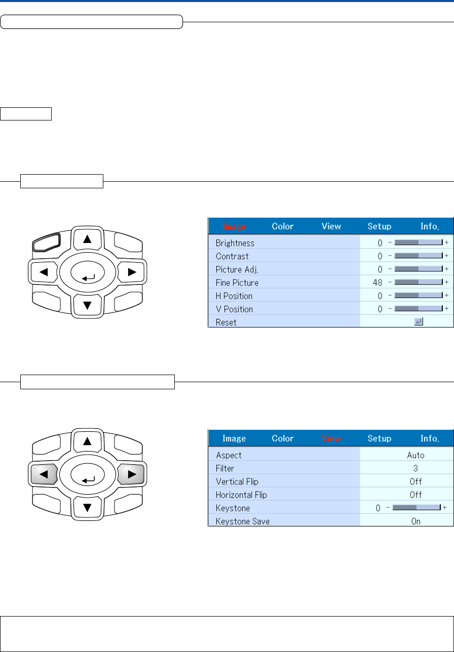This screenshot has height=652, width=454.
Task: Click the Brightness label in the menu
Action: click(x=235, y=243)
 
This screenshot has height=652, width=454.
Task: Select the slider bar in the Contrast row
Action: click(x=419, y=256)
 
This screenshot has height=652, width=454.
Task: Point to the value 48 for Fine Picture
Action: click(x=377, y=282)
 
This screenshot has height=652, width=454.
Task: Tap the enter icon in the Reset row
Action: click(x=419, y=321)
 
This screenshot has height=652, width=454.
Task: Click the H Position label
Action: click(x=234, y=296)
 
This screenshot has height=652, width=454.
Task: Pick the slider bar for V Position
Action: click(x=419, y=309)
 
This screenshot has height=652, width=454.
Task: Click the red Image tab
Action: click(x=234, y=226)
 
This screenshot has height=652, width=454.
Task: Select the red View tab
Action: click(x=331, y=438)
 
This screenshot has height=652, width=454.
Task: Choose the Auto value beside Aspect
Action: click(x=415, y=455)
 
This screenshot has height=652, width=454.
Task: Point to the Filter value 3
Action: click(x=415, y=468)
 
